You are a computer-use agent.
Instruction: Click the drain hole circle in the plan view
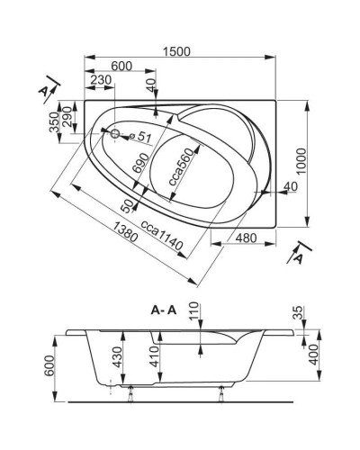point(113,135)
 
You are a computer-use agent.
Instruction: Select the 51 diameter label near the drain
point(144,137)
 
